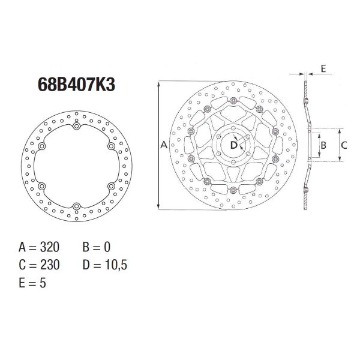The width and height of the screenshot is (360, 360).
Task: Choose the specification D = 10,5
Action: (x=104, y=265)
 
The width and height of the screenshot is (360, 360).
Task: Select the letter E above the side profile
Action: (x=323, y=68)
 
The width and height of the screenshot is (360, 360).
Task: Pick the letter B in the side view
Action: (x=322, y=145)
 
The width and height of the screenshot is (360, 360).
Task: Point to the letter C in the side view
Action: (x=344, y=145)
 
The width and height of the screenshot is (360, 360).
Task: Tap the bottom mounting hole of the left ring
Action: (x=76, y=207)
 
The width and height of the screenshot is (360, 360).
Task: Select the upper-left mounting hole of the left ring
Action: (x=41, y=146)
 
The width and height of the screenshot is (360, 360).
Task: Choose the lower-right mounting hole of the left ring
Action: (x=111, y=187)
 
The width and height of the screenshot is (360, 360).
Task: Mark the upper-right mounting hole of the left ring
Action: (x=111, y=146)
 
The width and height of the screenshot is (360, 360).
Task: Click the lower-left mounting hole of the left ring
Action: (x=41, y=187)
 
